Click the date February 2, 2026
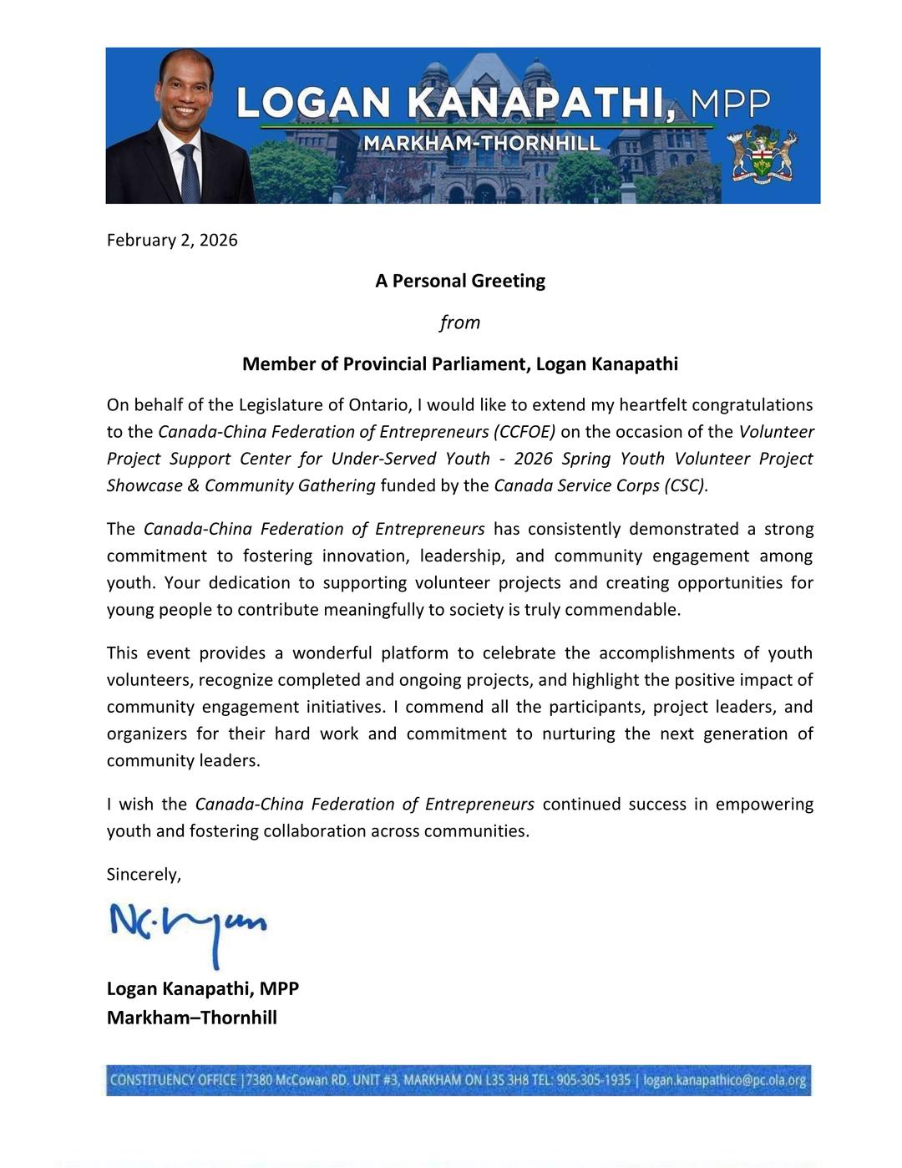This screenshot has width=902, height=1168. [172, 241]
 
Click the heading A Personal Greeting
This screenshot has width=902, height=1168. [459, 281]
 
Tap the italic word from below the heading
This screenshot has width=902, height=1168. [459, 322]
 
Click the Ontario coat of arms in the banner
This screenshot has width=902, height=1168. [761, 156]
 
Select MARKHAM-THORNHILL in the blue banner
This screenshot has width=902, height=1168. [482, 144]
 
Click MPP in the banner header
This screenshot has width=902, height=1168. [731, 104]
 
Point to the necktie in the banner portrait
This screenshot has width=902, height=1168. [189, 174]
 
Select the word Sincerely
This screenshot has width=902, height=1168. [143, 875]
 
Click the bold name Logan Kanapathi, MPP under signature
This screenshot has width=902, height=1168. [203, 988]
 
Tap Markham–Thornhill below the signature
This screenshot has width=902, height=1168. [192, 1018]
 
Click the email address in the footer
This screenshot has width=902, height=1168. [724, 1080]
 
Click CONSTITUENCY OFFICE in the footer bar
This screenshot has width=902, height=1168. [173, 1080]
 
